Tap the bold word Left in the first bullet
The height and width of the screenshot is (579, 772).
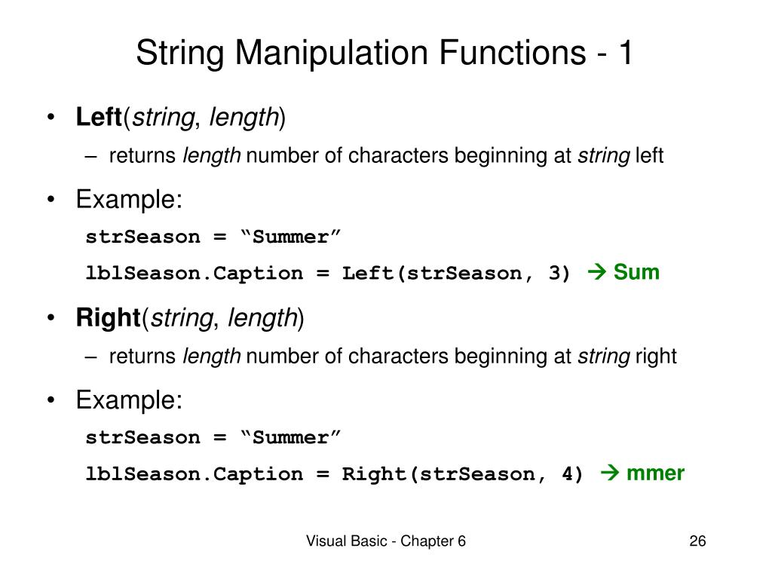click(x=99, y=117)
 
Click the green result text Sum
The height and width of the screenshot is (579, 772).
click(x=636, y=272)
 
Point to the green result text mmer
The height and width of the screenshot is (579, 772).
click(x=655, y=473)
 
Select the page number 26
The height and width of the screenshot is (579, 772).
click(x=697, y=541)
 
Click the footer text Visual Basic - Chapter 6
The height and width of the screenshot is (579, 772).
click(x=385, y=541)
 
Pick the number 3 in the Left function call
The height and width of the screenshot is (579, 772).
click(x=558, y=273)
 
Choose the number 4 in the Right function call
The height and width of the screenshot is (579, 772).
click(x=571, y=474)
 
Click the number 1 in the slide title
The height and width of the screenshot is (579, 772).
click(x=625, y=54)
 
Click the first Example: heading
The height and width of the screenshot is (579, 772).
click(x=129, y=200)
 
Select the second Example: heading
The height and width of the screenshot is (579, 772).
click(x=129, y=400)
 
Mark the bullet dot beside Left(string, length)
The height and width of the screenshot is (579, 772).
click(x=51, y=118)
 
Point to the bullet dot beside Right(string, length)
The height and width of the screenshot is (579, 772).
click(x=51, y=319)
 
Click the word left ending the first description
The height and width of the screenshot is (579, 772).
click(x=649, y=156)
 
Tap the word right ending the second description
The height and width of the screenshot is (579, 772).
click(x=656, y=357)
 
